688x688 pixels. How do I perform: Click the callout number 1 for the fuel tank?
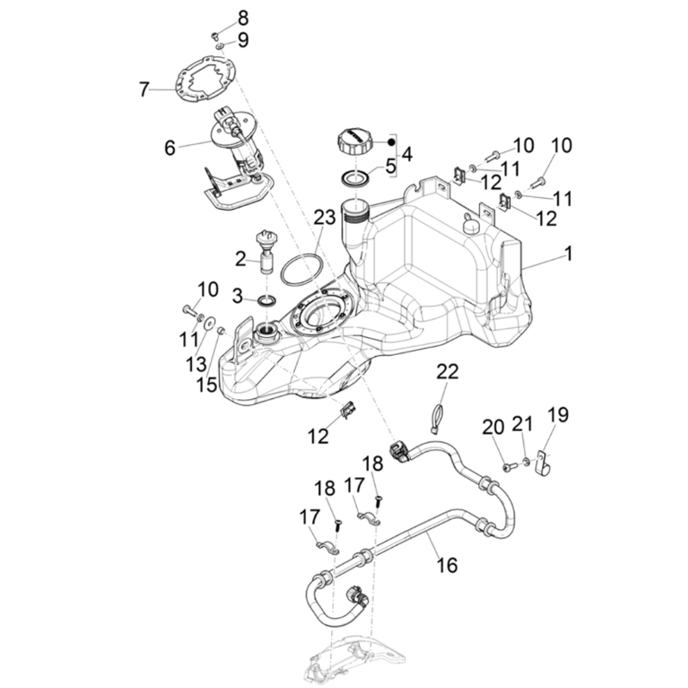568,255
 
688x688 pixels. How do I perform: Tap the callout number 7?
144,88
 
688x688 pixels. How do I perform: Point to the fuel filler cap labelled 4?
355,139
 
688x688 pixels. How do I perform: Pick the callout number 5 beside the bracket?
390,167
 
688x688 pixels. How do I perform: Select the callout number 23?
323,218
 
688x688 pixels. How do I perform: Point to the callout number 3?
237,297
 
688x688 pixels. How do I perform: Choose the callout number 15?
206,384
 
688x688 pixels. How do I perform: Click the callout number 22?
448,372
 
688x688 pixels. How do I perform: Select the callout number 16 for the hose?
446,564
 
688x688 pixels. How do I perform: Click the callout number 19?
558,416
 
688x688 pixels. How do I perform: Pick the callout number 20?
493,427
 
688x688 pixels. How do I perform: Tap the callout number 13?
196,364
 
